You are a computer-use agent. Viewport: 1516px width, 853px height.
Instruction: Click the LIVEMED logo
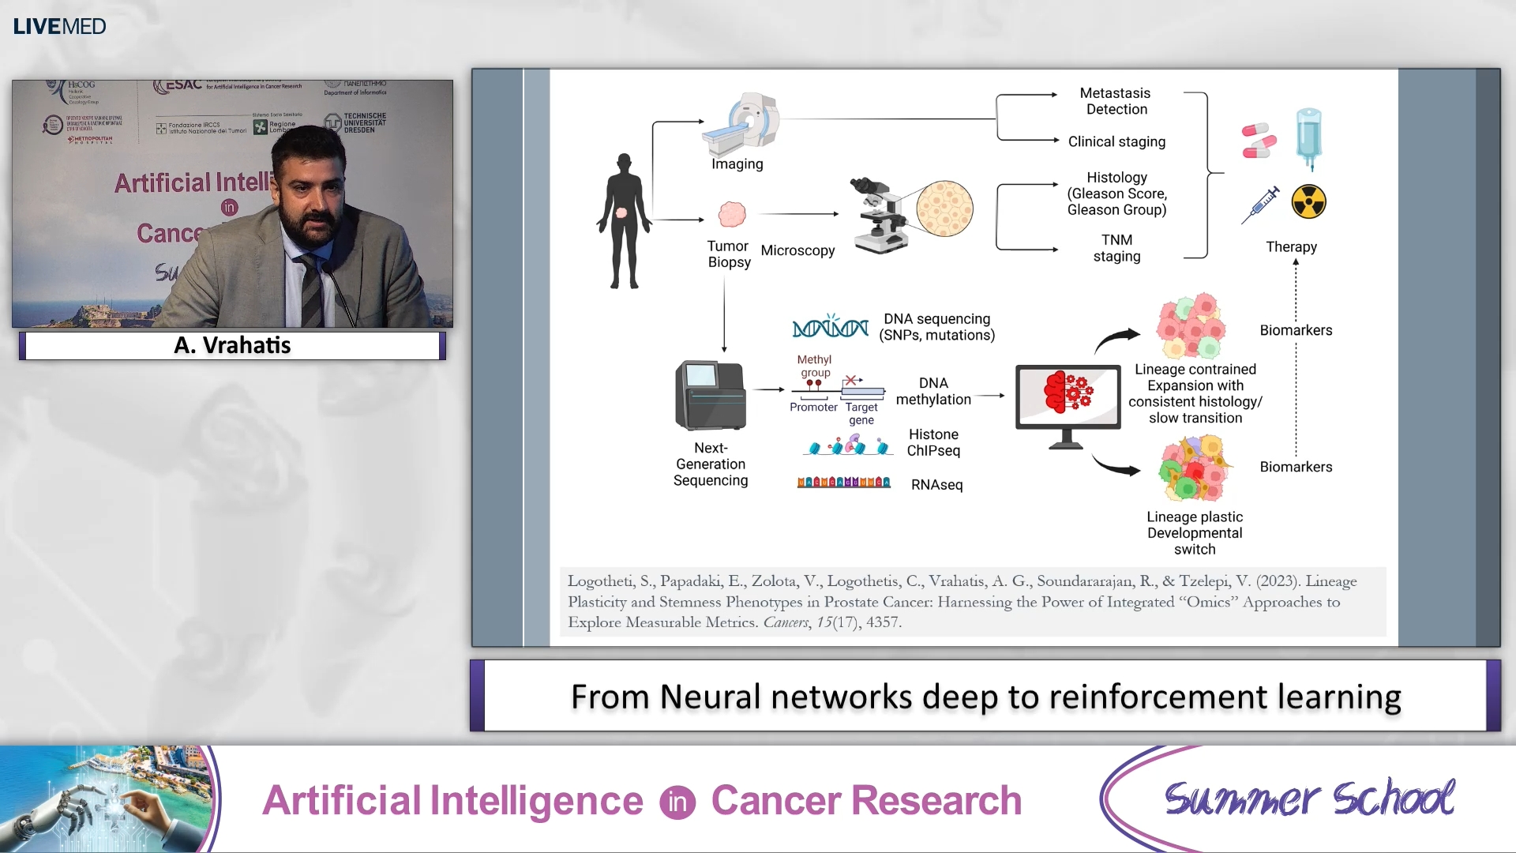[59, 26]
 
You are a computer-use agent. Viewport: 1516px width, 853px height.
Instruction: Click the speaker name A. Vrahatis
[232, 345]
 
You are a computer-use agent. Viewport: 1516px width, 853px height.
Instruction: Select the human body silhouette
[624, 221]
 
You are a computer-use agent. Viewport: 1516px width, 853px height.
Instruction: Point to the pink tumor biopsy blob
[732, 214]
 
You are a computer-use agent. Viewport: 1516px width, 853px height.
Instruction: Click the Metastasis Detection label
[1115, 101]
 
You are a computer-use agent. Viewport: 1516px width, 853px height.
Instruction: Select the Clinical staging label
[1116, 141]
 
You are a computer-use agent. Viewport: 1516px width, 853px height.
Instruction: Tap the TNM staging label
[1116, 248]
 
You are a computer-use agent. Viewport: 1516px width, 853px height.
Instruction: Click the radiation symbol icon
[1308, 202]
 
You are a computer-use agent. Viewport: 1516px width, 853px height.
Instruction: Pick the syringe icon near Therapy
[1261, 205]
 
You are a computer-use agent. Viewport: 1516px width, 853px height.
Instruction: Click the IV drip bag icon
[1308, 138]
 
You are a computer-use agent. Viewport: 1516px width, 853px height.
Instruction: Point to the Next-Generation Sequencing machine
[710, 395]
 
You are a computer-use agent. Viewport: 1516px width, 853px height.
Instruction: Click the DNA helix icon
[830, 326]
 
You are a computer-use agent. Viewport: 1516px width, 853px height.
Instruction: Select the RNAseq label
[936, 484]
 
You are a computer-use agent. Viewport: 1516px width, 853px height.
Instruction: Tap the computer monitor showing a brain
[1068, 399]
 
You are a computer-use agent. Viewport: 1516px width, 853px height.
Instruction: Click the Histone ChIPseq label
[933, 442]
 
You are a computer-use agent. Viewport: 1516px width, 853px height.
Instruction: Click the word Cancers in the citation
[785, 622]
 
